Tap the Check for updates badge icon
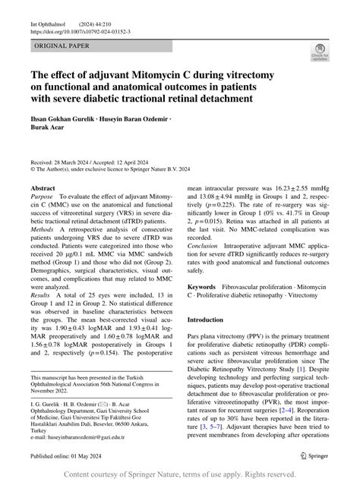[320, 52]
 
